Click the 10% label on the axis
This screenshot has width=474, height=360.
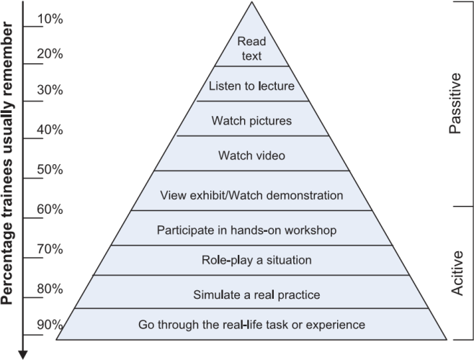coord(50,19)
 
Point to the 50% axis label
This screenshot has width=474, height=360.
coord(50,169)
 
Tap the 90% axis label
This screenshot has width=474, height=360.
coord(50,325)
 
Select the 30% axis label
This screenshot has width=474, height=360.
coord(50,90)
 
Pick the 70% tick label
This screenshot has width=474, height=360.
coord(50,249)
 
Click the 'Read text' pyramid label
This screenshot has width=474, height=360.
coord(251,49)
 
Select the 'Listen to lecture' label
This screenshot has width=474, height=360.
coord(251,86)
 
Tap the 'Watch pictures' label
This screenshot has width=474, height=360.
coord(251,121)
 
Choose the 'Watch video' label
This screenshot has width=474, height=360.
coord(251,156)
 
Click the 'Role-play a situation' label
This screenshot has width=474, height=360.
coord(256,260)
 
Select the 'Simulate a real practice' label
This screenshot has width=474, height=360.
coord(256,294)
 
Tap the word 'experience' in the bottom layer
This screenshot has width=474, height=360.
coord(336,325)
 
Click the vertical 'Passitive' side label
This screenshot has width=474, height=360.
coord(455,104)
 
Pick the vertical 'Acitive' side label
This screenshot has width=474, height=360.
coord(457,273)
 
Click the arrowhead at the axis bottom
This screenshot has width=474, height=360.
coord(23,355)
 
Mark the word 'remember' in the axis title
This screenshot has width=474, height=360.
coord(6,58)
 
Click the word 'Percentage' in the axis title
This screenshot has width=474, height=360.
coord(6,264)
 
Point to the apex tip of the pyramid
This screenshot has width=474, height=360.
coord(251,2)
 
